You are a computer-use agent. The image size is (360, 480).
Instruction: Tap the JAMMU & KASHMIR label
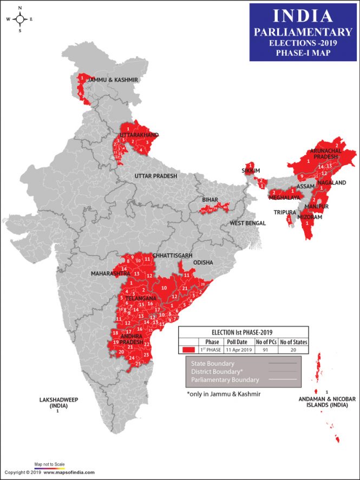tap(114, 80)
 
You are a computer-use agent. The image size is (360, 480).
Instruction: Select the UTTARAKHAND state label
tap(139, 134)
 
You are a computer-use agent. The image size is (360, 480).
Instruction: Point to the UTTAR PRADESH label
tap(156, 176)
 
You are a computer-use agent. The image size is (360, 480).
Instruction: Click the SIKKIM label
tap(251, 170)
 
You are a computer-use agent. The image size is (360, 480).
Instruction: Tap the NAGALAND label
tap(332, 183)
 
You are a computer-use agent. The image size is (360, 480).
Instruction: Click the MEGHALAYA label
tap(285, 198)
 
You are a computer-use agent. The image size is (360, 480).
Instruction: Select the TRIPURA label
tap(284, 212)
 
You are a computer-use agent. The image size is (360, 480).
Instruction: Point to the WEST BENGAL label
tap(247, 223)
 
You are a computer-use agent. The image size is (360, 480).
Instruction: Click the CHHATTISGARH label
tap(173, 254)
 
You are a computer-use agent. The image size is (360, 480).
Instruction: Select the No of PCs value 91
tap(267, 350)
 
